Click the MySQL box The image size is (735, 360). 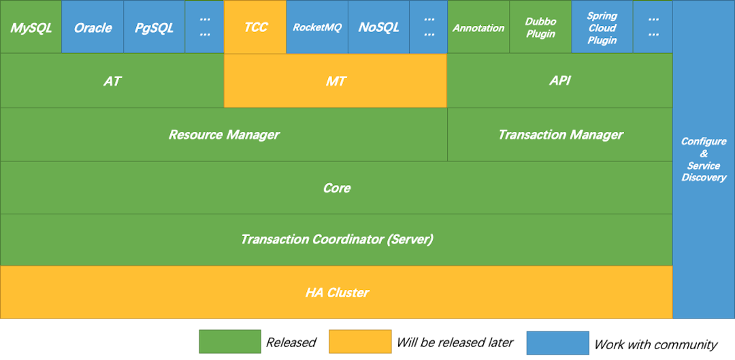coord(31,28)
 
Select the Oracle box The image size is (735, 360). coord(93,28)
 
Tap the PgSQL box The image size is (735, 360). coord(154,28)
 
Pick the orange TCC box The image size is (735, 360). coord(255,28)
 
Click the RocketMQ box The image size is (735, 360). coord(317,28)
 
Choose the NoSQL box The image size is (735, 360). coord(378,28)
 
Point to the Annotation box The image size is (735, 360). coord(478,28)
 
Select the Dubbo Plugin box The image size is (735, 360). coord(540,28)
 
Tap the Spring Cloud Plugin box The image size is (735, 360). coord(602,28)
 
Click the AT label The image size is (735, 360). coord(112,81)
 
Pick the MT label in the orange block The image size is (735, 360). coord(336,81)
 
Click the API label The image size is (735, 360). coord(559,81)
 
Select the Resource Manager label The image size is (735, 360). coord(224,135)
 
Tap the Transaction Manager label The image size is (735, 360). coord(560,135)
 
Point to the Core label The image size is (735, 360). coord(336,188)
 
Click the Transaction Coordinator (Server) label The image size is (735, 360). coord(336,240)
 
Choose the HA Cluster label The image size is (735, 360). coord(336,293)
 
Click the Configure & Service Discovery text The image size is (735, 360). coord(704,159)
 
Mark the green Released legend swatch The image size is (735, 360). coord(229,342)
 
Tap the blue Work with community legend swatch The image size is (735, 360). coord(557,343)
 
